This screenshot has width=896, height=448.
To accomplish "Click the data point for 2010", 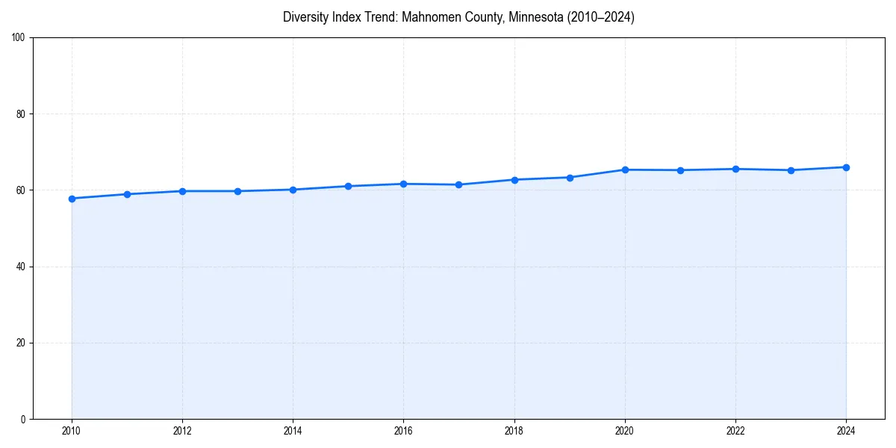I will point(72,199).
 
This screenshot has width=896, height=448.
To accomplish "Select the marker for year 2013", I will point(237,191).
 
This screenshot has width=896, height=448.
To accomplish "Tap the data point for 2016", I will point(403,184).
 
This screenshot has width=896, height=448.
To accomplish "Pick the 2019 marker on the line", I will point(570,178).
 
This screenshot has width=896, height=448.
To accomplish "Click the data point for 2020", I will point(625,169).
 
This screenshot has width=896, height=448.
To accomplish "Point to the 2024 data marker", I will point(846,167).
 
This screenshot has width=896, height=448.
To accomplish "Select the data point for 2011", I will point(127,194).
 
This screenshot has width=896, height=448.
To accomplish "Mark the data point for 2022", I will point(735,169).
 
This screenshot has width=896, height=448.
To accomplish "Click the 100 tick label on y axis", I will point(19,37).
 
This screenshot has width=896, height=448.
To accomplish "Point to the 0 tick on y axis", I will point(23,419).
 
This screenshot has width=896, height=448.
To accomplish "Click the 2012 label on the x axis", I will point(182,431).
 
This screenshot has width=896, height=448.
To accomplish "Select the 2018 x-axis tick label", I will point(514,431).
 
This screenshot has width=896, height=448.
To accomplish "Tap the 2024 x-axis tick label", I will point(846,431).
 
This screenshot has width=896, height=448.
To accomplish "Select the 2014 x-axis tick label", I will point(293,431).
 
